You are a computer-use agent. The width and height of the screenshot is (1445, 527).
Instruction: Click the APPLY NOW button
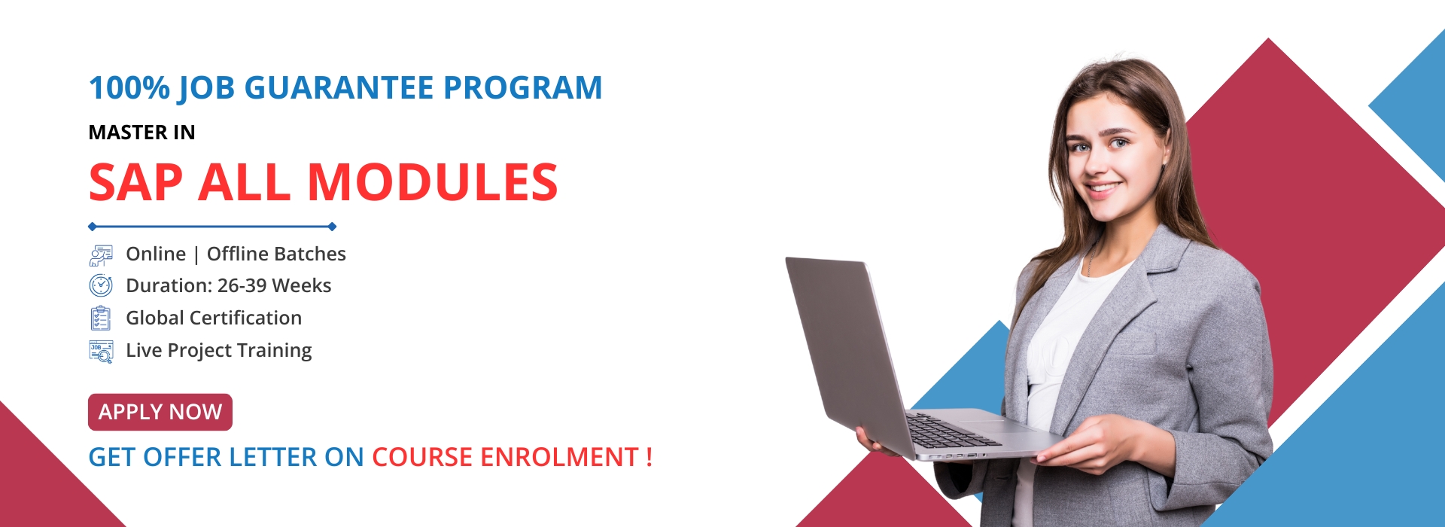pyautogui.click(x=160, y=412)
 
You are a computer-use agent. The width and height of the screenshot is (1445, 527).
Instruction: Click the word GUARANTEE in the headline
pyautogui.click(x=339, y=87)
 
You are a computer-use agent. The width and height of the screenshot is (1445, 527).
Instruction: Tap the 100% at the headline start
pyautogui.click(x=129, y=87)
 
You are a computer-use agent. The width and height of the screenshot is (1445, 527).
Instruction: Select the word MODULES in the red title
pyautogui.click(x=433, y=182)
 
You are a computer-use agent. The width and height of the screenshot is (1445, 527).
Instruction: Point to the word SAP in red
pyautogui.click(x=136, y=182)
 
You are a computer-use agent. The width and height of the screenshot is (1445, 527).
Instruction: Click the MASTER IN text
pyautogui.click(x=142, y=133)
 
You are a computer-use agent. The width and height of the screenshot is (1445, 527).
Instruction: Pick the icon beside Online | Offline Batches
pyautogui.click(x=101, y=254)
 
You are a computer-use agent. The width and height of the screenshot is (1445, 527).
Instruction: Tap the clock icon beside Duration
pyautogui.click(x=101, y=286)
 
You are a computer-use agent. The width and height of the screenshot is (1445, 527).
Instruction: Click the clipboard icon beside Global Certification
pyautogui.click(x=101, y=318)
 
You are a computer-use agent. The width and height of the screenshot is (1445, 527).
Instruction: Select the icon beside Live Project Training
pyautogui.click(x=101, y=352)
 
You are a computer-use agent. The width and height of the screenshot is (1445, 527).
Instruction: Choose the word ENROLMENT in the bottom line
pyautogui.click(x=559, y=457)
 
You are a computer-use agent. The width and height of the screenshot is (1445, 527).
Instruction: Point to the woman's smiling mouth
pyautogui.click(x=1103, y=187)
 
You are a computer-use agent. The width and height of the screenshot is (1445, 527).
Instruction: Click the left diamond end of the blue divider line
pyautogui.click(x=92, y=227)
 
